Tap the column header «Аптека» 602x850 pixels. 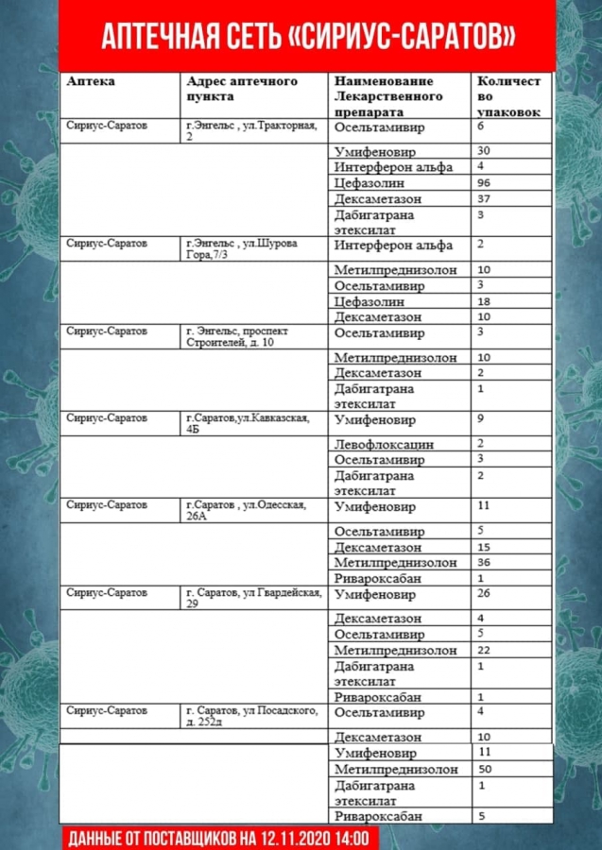pos(92,82)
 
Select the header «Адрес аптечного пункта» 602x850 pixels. pos(242,89)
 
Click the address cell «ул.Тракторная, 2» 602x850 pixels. pos(251,130)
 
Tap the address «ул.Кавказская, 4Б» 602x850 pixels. pos(247,423)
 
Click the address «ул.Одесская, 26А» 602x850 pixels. pos(246,511)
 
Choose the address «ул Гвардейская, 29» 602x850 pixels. pos(253,598)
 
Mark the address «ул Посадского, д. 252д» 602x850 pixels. pos(251,715)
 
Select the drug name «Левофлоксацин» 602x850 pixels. pos(384,444)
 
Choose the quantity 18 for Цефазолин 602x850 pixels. pos(485,301)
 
